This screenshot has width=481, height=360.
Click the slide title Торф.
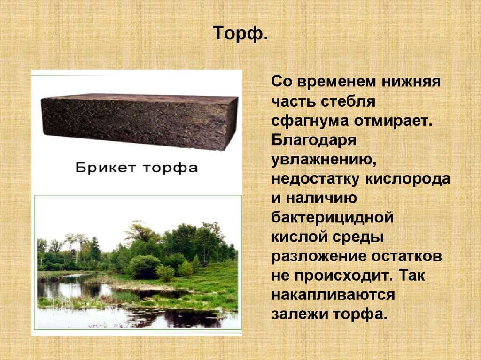[240, 34]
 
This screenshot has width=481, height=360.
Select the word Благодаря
[314, 140]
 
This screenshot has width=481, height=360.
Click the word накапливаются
[333, 295]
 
